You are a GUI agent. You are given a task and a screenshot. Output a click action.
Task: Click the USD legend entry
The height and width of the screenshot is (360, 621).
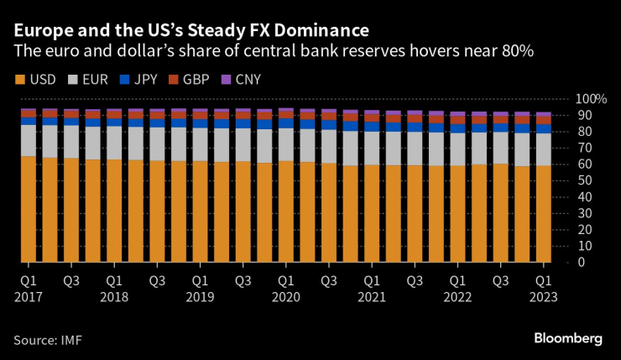[x=39, y=81]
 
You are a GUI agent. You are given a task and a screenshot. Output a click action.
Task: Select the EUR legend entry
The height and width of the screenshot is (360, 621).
[x=89, y=81]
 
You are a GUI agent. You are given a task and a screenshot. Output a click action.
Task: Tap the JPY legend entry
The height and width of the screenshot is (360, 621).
[x=138, y=81]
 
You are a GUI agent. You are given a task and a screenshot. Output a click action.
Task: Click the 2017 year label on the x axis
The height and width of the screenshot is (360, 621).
[x=29, y=296]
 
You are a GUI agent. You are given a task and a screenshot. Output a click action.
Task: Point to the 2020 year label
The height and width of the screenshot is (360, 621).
[x=285, y=296]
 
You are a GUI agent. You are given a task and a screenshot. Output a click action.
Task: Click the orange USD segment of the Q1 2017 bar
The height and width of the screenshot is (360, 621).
[x=28, y=210]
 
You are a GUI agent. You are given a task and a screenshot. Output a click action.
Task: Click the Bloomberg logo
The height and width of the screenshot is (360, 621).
[x=567, y=338]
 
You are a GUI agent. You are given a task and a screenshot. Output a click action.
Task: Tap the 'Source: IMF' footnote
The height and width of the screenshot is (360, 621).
[x=48, y=339]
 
